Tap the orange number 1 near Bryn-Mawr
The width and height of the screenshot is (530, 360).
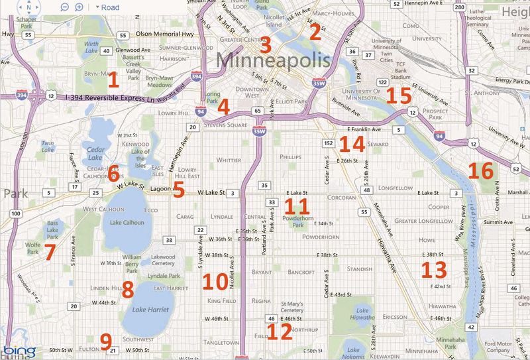coord(113,80)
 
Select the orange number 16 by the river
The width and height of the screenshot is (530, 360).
coord(481,171)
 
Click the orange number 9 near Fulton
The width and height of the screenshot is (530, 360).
coord(105,341)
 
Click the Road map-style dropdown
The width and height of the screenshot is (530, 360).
coord(107,7)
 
